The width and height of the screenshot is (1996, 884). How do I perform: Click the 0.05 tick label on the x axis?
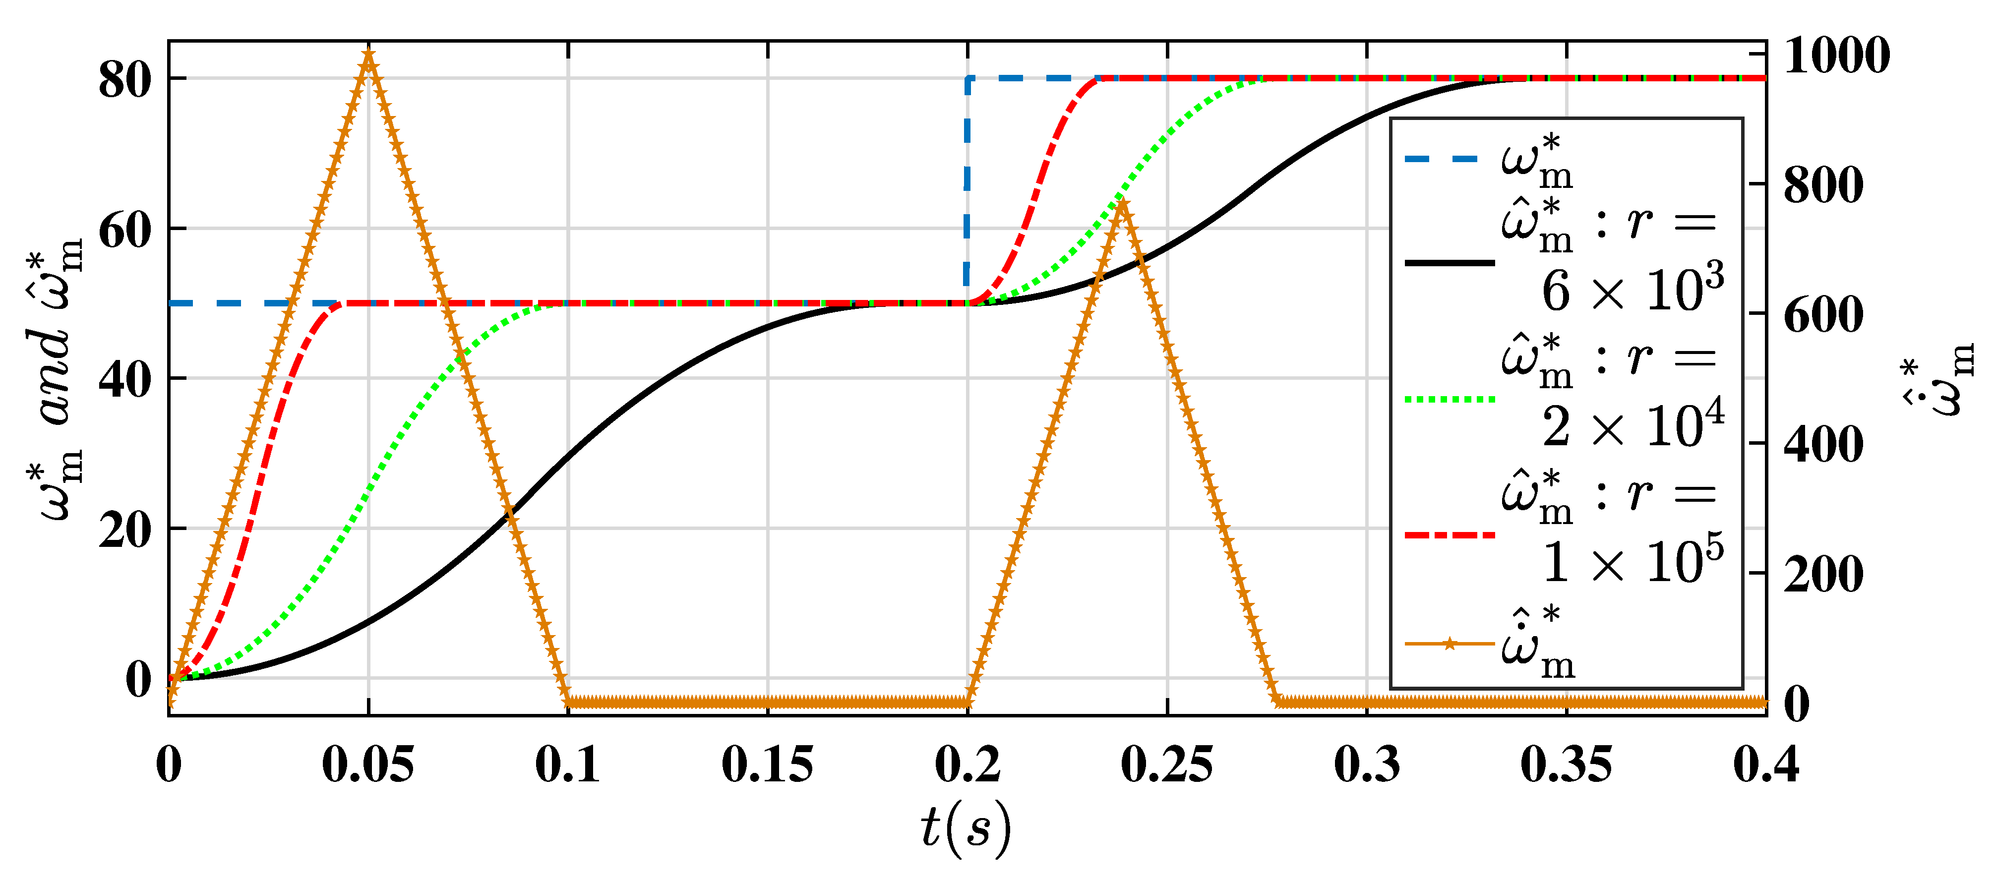[368, 766]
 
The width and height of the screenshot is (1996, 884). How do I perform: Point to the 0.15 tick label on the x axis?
[768, 766]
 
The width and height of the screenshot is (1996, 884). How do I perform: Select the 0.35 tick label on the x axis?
[1567, 766]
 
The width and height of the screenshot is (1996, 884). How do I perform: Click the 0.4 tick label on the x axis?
[1766, 766]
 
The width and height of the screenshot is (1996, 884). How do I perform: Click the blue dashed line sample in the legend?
[1449, 159]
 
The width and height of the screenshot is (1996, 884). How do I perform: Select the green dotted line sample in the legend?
[1449, 400]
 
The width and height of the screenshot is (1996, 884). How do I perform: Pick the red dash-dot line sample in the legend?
[1449, 534]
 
